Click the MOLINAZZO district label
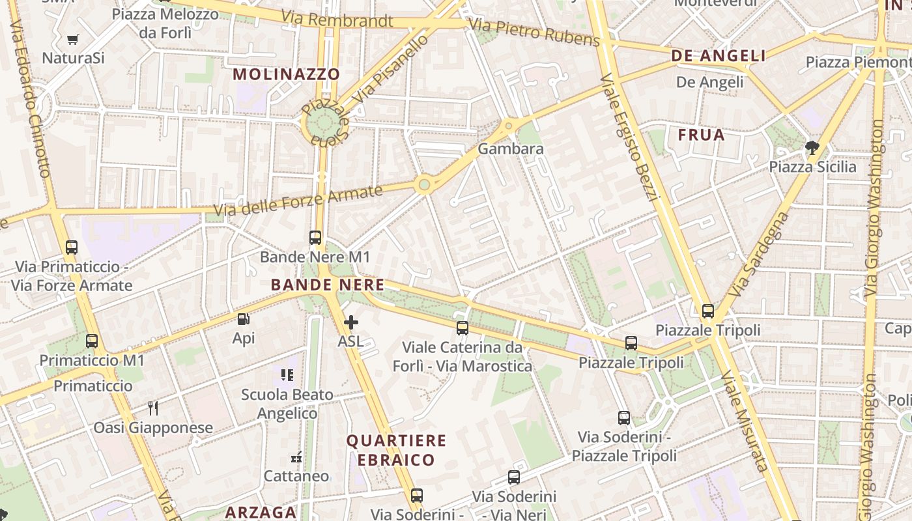click(x=287, y=74)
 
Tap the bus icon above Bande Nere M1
click(x=315, y=238)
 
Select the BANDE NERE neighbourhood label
click(x=327, y=285)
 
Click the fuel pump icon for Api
click(x=243, y=319)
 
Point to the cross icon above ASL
click(x=350, y=322)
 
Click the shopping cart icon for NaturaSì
click(x=73, y=40)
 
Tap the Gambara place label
click(x=511, y=149)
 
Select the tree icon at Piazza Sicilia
click(x=812, y=148)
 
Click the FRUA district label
click(x=701, y=135)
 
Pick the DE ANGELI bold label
click(x=719, y=57)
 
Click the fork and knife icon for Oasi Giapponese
click(x=153, y=408)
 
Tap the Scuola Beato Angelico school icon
click(x=287, y=375)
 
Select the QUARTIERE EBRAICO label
click(x=396, y=450)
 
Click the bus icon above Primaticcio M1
click(x=92, y=341)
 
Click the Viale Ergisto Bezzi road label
click(x=631, y=137)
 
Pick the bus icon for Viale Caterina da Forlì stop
click(x=463, y=328)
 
